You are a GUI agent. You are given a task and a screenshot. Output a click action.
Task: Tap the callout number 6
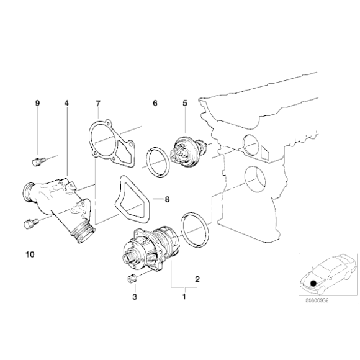[155, 104]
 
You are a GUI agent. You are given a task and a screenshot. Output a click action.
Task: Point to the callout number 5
[184, 104]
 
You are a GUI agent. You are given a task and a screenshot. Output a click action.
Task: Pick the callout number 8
[166, 200]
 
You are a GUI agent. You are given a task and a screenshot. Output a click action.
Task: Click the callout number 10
[30, 254]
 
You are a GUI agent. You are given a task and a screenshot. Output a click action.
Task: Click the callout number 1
[183, 297]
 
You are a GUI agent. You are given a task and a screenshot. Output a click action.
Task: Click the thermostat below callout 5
[184, 151]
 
